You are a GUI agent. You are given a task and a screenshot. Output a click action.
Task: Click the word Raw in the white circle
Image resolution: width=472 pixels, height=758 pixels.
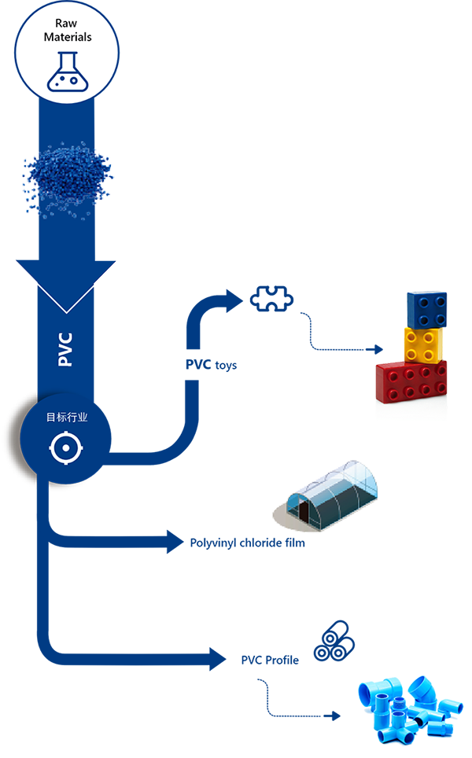coord(67,24)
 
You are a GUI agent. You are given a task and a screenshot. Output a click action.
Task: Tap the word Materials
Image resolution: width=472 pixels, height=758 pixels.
coord(67,37)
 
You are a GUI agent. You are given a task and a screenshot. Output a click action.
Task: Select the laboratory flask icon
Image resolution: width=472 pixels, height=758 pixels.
coord(66,70)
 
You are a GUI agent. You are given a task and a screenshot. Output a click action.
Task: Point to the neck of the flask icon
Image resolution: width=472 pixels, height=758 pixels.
coord(66,57)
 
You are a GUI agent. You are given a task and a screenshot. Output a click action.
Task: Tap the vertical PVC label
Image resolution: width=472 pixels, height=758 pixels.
coord(65,349)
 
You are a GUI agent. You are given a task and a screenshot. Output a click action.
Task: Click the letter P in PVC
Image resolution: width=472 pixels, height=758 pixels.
coord(65,361)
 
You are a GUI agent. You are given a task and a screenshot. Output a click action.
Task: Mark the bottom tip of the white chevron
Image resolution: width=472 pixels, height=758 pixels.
coord(66,309)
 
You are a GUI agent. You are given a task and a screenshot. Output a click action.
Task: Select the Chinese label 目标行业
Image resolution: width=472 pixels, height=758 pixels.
coord(66,417)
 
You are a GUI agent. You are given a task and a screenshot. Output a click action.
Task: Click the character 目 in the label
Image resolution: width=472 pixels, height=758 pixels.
coord(51,417)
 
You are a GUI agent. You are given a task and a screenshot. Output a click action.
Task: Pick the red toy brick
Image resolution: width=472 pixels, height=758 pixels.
coord(411,381)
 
